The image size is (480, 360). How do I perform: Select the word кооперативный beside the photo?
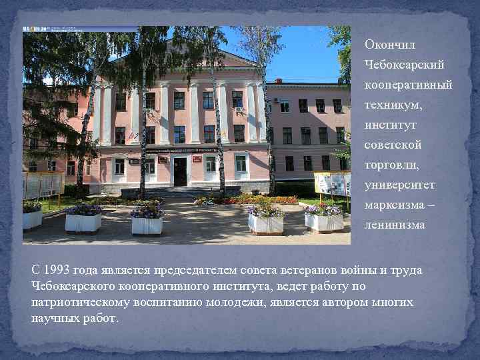[x=407, y=85]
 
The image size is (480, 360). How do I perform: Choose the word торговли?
[x=390, y=165]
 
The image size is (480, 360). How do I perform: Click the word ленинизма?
[x=395, y=225]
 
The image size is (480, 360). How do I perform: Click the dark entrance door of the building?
[x=180, y=172]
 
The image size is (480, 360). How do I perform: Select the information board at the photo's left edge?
[x=43, y=185]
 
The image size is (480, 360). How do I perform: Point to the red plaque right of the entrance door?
[x=197, y=159]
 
